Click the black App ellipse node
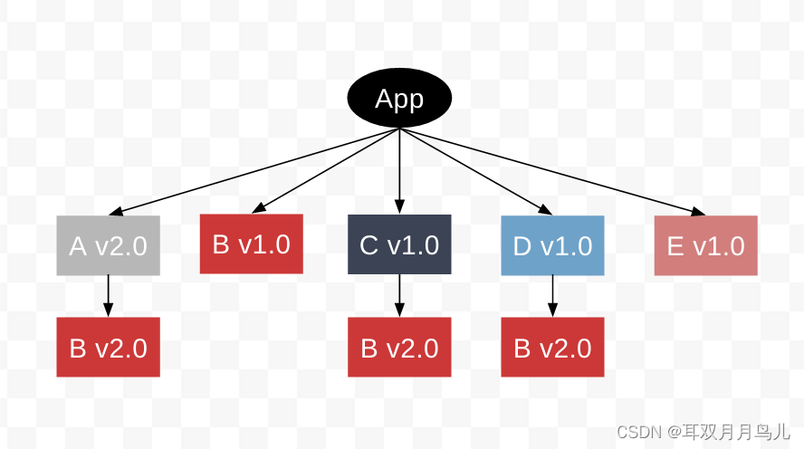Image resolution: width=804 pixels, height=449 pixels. [x=399, y=99]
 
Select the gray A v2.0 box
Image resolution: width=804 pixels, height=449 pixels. [x=108, y=245]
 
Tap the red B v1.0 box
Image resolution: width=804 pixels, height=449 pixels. [x=251, y=244]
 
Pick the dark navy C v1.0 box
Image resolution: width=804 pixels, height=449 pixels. [x=399, y=244]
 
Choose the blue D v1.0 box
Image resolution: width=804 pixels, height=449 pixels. [x=552, y=245]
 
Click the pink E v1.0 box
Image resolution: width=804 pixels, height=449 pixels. [x=705, y=245]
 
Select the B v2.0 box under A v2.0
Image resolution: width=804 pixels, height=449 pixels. [x=108, y=348]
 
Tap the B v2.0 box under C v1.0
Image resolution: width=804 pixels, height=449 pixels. [x=399, y=348]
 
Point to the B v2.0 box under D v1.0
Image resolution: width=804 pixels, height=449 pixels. [x=552, y=348]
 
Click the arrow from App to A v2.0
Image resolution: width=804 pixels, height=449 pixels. [x=254, y=172]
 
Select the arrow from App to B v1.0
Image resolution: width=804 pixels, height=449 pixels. [x=326, y=171]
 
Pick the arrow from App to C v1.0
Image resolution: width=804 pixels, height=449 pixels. [x=399, y=172]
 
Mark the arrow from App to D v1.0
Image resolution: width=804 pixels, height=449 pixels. [x=475, y=172]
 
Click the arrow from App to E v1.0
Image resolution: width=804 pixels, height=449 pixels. [x=552, y=172]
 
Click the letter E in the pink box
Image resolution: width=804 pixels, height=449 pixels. [x=675, y=246]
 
